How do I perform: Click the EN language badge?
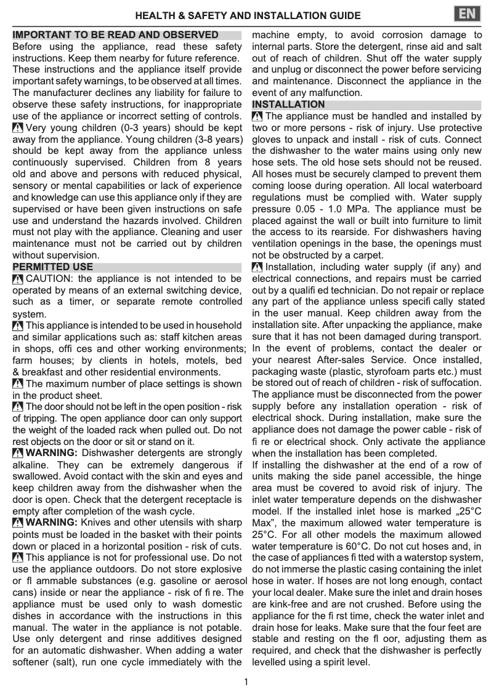[x=468, y=14]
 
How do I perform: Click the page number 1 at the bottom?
[x=246, y=681]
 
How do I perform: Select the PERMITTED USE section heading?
[x=53, y=267]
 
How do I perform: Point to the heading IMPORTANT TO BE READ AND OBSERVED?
[x=115, y=35]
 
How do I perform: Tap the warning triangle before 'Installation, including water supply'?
[x=257, y=267]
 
